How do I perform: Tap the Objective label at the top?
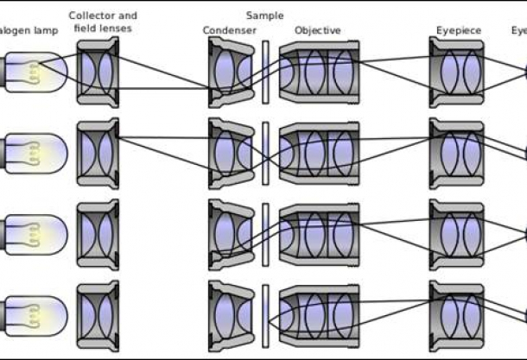point(317,31)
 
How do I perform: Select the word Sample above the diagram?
point(263,16)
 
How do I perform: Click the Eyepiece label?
point(457,31)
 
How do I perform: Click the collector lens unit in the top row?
point(98,73)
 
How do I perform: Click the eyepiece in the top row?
point(457,73)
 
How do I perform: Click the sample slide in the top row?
point(265,73)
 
